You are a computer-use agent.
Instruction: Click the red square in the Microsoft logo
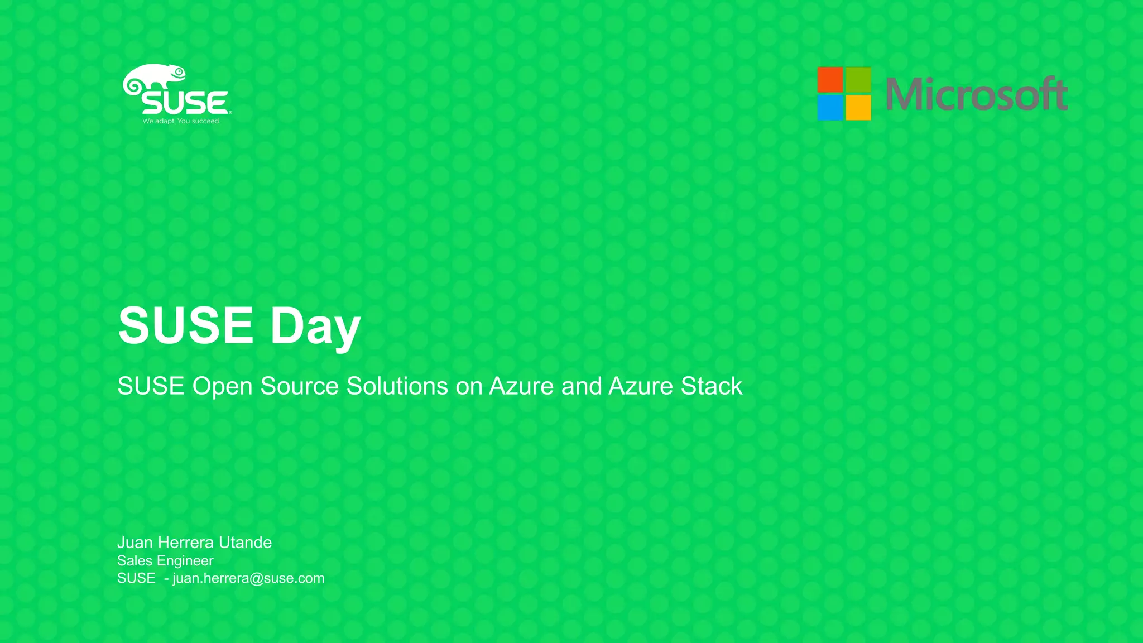tap(830, 79)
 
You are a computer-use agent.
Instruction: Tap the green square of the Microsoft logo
tap(858, 79)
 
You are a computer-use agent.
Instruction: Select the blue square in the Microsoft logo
tap(830, 108)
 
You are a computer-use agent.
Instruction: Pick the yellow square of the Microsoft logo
tap(858, 108)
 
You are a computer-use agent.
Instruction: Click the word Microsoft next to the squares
tap(976, 94)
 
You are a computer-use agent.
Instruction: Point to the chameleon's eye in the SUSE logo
tap(179, 72)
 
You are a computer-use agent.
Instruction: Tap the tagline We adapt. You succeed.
tap(181, 121)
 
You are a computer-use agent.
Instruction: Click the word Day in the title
tap(315, 326)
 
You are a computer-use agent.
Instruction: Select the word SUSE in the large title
tap(186, 325)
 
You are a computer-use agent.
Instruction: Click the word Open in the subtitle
tap(222, 387)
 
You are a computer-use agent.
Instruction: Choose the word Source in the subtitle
tap(299, 386)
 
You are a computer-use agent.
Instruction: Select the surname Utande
tap(245, 543)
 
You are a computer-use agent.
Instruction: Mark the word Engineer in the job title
tap(185, 561)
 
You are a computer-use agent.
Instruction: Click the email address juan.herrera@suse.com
tap(248, 578)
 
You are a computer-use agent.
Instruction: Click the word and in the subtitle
tap(581, 386)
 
